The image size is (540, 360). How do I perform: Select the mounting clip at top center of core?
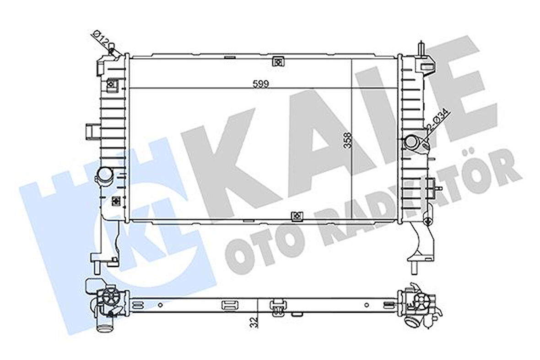tap(277, 61)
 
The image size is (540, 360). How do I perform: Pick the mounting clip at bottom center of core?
tap(296, 214)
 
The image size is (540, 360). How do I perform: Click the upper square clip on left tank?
tap(111, 84)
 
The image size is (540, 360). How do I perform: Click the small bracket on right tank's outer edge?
tap(432, 187)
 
